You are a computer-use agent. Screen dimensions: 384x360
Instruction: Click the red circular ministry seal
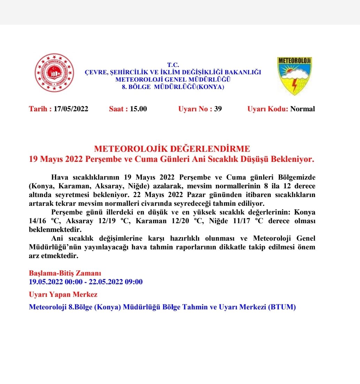pos(54,73)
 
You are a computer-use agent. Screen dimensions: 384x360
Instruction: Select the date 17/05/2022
pos(71,109)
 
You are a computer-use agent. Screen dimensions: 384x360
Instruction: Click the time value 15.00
pos(138,109)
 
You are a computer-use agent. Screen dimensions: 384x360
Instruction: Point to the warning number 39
pos(218,109)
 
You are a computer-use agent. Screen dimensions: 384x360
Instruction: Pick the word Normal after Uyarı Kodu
pos(302,109)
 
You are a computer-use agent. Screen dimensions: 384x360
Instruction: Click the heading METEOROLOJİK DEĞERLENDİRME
pos(172,149)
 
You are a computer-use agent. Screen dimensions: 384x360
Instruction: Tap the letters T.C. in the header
pos(173,65)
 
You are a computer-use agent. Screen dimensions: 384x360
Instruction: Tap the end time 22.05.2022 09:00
pos(116,282)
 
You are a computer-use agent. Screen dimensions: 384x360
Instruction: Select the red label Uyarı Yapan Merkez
pos(63,294)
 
